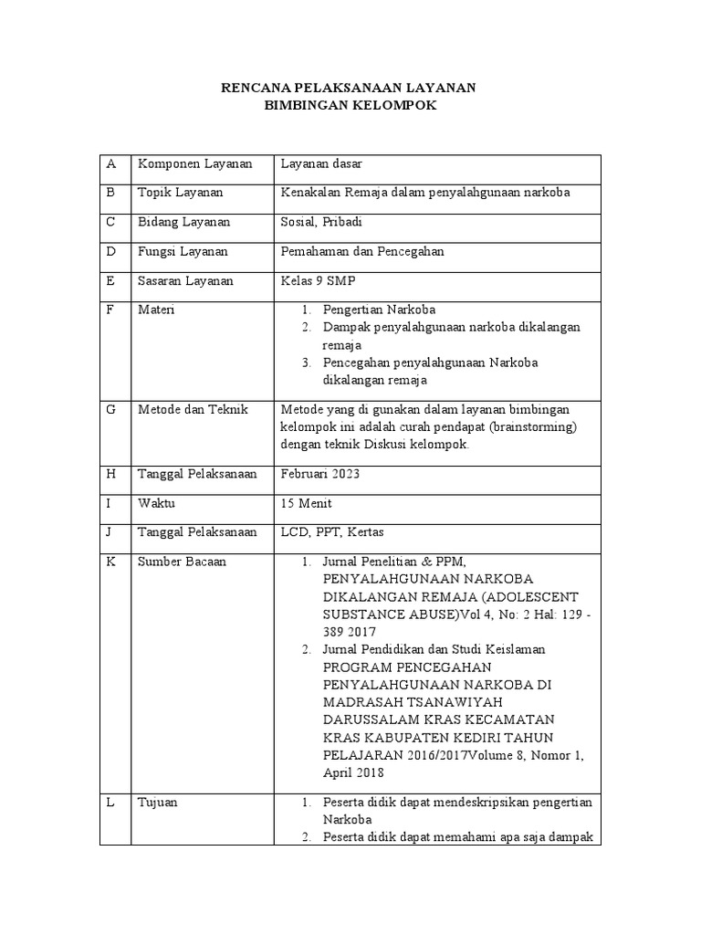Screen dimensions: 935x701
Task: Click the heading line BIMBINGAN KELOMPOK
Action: (x=350, y=106)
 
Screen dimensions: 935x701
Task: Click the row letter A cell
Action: (x=111, y=163)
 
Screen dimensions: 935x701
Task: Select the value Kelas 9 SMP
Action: (x=317, y=281)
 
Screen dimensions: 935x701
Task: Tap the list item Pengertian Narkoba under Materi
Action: (x=379, y=310)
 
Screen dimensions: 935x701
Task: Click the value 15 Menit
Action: (x=307, y=503)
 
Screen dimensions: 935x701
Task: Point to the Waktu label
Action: (x=156, y=503)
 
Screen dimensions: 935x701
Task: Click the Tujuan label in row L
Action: (x=158, y=803)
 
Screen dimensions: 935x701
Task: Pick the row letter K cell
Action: (x=111, y=562)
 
